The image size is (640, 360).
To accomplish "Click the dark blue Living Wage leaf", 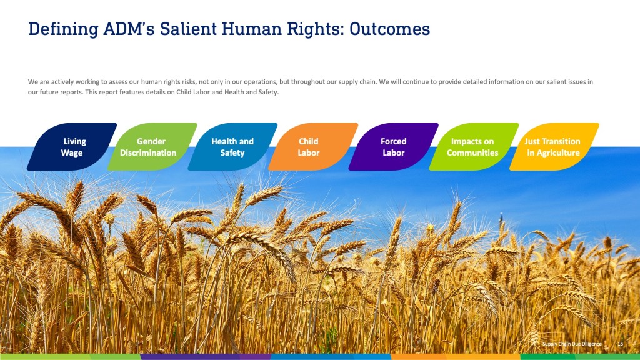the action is coord(72,146).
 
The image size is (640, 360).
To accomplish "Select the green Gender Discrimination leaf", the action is coord(152,146).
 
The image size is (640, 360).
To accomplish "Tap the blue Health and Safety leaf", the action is coord(232,146).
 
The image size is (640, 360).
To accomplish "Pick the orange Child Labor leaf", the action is coord(313,146).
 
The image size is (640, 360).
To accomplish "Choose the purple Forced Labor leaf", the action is coord(394,146).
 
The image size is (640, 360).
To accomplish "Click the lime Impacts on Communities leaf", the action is coord(474,146).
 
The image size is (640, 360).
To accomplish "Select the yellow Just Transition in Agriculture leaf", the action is coord(554,146).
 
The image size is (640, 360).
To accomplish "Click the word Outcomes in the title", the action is coord(390,29).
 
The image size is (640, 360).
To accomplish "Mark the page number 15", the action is coord(621,344).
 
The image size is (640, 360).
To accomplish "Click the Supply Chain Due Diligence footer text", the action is coord(572,344).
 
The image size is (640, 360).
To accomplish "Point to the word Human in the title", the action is coord(252,29).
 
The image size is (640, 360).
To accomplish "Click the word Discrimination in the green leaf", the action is coord(148,152).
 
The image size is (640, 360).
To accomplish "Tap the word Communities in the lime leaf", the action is coord(472,152).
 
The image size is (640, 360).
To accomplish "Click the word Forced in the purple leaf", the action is coord(394,141).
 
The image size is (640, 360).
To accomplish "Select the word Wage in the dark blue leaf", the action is coord(72,153).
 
